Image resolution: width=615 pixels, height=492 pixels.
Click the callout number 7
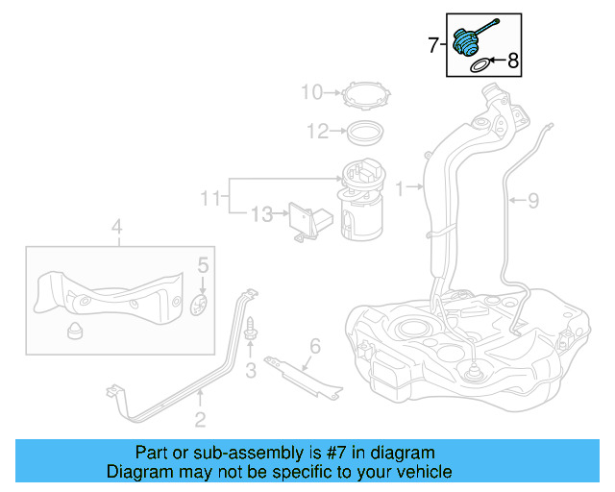[434, 44]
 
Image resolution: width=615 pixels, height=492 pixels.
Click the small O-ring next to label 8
[479, 65]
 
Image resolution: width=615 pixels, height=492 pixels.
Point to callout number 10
[311, 93]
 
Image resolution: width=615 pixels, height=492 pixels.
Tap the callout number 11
[210, 199]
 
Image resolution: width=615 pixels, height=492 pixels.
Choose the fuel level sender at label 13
[303, 221]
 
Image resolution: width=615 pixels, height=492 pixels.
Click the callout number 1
[400, 186]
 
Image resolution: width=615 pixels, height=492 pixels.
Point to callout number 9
[533, 200]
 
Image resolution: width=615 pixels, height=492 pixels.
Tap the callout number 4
[116, 228]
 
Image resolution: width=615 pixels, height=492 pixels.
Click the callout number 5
[203, 264]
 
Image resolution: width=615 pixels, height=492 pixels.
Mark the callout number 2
[200, 418]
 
